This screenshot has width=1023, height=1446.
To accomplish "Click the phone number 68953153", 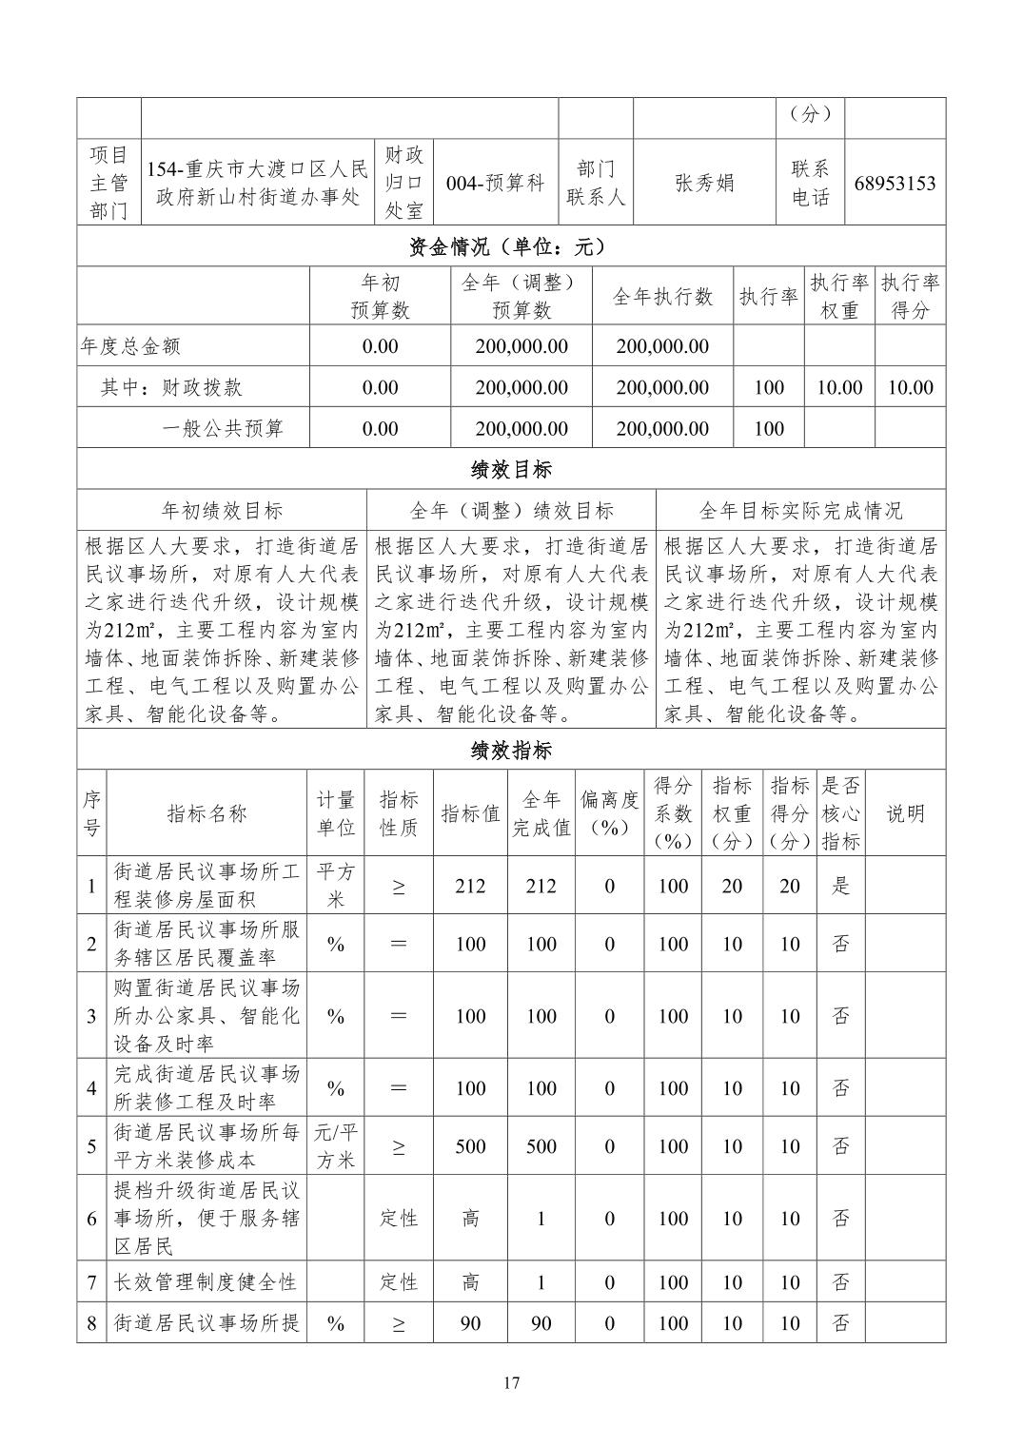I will (x=894, y=183).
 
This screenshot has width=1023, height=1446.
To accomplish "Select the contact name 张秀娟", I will (x=704, y=183).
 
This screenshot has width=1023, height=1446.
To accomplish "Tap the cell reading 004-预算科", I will (x=495, y=183).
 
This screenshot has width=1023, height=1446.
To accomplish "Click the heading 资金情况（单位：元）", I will (x=511, y=247).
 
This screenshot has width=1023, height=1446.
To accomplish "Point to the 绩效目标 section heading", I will (x=511, y=469).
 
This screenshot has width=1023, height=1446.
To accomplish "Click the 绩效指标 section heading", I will (x=511, y=751).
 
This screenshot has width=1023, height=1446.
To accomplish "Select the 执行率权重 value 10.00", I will (x=838, y=387).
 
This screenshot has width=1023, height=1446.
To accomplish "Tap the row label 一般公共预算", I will (x=222, y=428).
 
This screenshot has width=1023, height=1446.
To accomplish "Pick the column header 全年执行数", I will (x=662, y=297).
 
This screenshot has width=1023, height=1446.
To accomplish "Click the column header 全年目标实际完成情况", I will (x=800, y=511).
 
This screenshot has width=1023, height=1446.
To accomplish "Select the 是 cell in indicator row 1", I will (x=840, y=886).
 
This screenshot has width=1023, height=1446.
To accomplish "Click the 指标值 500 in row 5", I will (x=470, y=1146).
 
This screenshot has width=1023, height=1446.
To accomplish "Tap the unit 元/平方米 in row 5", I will (x=335, y=1146).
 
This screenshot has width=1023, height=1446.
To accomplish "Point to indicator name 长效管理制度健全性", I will (x=206, y=1282).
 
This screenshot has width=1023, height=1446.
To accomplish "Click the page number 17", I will (x=511, y=1383).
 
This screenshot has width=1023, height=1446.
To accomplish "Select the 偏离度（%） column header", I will (x=609, y=813).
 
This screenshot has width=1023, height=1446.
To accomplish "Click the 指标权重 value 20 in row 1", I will (x=731, y=886).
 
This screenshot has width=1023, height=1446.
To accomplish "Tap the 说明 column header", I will (x=904, y=813).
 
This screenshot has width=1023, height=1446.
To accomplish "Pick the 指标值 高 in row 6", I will (x=470, y=1219).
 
